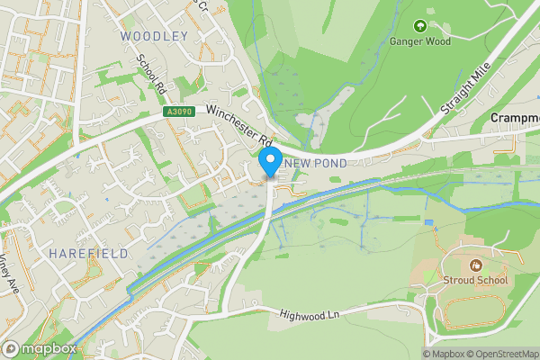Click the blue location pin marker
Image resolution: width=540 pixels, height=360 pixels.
tap(268, 163)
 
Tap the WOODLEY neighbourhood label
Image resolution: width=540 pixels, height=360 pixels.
tap(154, 36)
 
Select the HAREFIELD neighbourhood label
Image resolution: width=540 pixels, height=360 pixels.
tap(89, 255)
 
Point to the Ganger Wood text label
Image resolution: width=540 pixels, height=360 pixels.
tap(419, 40)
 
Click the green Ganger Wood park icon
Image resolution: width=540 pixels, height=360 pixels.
tap(419, 25)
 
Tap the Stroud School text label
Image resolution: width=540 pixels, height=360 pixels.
tap(475, 280)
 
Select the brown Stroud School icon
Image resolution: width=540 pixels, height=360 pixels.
tap(475, 265)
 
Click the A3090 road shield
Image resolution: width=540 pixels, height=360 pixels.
tap(179, 112)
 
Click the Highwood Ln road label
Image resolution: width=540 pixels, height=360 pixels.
tap(309, 314)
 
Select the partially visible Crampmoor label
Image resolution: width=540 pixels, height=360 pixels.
tap(515, 118)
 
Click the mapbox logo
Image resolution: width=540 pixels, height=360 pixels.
tap(40, 349)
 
